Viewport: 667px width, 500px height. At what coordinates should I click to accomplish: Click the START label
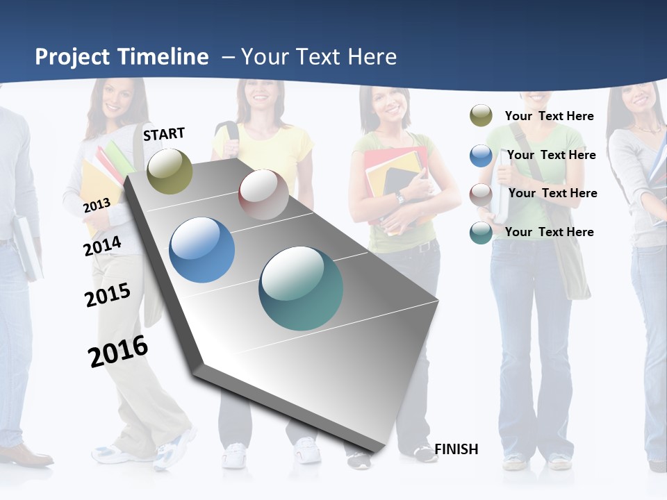[164, 134]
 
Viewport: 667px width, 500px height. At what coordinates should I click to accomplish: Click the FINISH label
[456, 449]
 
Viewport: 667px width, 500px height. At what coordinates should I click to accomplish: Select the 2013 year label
[97, 205]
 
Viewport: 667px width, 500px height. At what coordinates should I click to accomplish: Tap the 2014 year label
[102, 246]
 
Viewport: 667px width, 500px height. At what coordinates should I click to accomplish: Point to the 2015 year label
[107, 295]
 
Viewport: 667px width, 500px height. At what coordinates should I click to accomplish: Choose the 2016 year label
[118, 351]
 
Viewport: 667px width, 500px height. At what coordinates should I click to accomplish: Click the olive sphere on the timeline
[170, 171]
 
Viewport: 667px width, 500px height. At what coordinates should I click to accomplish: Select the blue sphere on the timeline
[202, 250]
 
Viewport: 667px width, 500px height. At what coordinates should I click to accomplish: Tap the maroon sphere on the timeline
[263, 194]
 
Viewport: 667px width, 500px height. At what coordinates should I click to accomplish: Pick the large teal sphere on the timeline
[301, 288]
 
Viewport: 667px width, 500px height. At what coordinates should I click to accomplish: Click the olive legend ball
[481, 116]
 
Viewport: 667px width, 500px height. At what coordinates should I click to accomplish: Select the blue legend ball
[481, 156]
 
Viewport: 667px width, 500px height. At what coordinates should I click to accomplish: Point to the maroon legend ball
[481, 194]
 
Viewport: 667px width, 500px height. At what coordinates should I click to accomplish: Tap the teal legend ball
[481, 233]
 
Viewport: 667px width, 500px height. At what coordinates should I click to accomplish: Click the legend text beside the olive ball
[549, 116]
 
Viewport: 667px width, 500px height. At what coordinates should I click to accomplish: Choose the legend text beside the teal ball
[549, 232]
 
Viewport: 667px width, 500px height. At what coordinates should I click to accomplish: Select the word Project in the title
[74, 57]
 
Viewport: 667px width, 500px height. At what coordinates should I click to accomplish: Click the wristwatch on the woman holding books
[400, 198]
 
